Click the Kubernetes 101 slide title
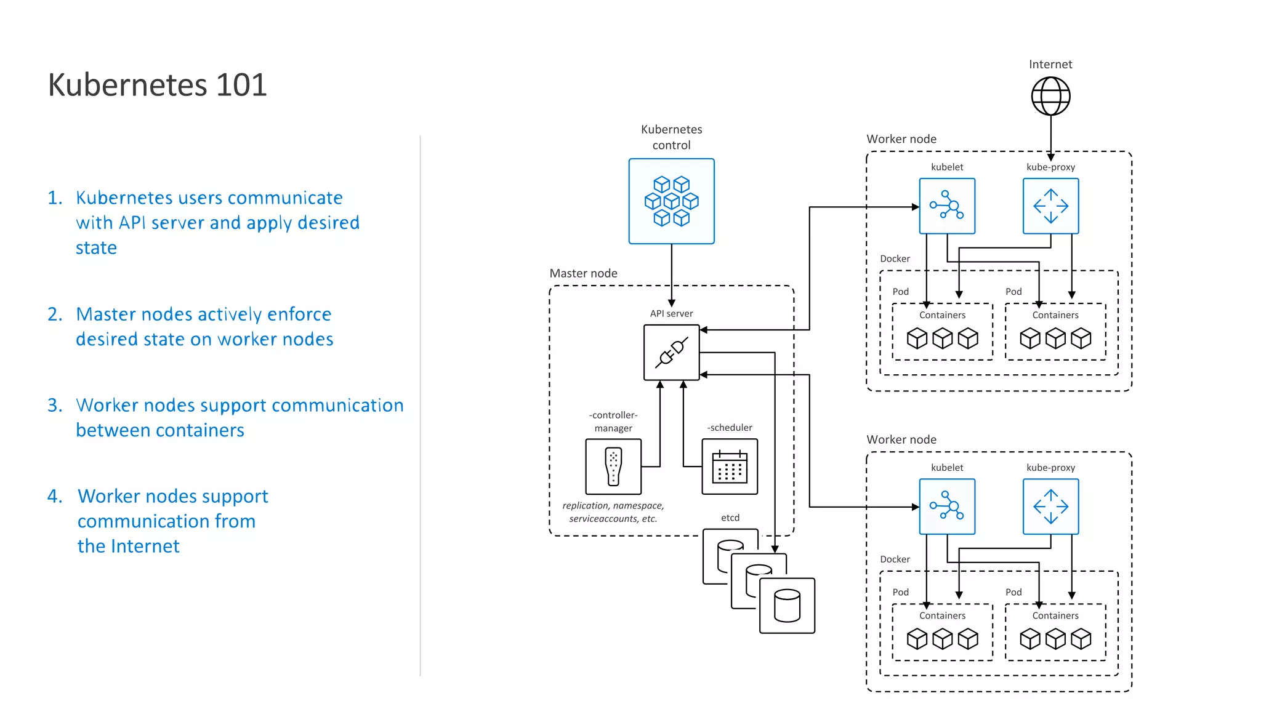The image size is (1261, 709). click(158, 85)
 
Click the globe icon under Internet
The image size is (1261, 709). click(1050, 96)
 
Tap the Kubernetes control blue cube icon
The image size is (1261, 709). click(671, 201)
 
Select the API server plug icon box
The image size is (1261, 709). click(671, 353)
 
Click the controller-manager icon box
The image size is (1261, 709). click(613, 467)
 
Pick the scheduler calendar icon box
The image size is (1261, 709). click(730, 467)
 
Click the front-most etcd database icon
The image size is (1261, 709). click(787, 606)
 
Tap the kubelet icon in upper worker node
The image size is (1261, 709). click(947, 206)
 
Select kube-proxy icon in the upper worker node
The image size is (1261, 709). click(1050, 206)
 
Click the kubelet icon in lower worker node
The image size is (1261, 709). click(947, 507)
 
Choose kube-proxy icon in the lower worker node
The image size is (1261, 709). click(1050, 507)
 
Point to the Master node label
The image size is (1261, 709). click(583, 273)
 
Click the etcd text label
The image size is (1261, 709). click(730, 518)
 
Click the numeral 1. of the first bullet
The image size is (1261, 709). click(55, 198)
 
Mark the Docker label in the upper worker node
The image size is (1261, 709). click(895, 258)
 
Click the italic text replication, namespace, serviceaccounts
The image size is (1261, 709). click(613, 512)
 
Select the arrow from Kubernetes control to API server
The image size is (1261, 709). click(671, 274)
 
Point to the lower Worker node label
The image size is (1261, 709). click(901, 439)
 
